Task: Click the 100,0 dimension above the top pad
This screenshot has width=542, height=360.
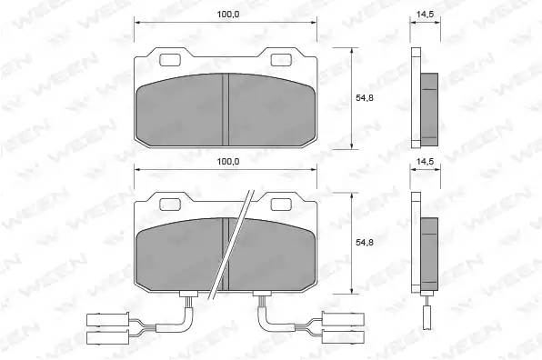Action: click(x=227, y=15)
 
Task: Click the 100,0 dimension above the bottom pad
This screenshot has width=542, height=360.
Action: click(x=227, y=161)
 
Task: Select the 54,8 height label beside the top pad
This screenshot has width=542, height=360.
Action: click(x=365, y=98)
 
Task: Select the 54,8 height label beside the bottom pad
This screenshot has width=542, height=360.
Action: click(x=365, y=243)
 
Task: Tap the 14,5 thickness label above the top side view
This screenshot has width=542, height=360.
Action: click(x=425, y=15)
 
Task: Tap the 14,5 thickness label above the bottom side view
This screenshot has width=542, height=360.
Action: click(x=425, y=161)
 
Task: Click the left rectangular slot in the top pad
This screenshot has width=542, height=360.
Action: click(x=170, y=60)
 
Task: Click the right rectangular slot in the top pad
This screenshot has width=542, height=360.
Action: click(x=281, y=60)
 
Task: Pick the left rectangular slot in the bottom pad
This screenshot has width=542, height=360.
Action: click(x=170, y=205)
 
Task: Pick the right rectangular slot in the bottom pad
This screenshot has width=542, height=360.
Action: click(x=281, y=205)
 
